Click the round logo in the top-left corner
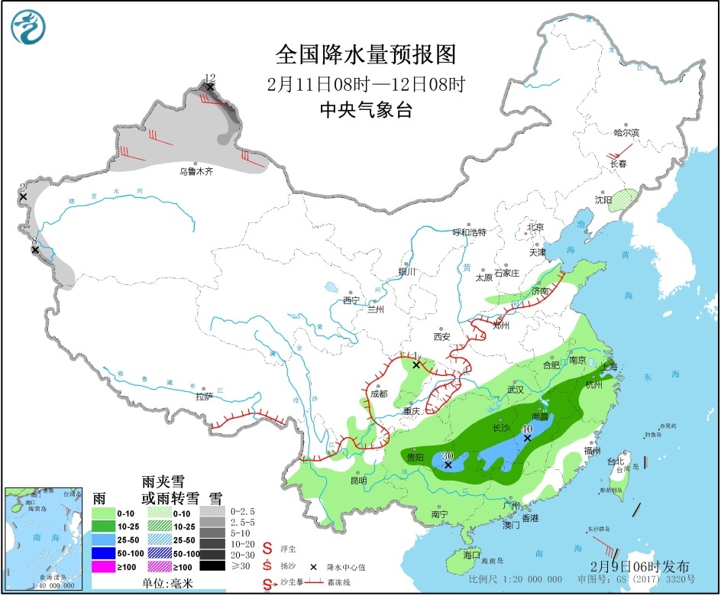coord(28,27)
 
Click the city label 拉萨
coord(203,397)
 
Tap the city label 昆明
coord(357,481)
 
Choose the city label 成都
coord(378,394)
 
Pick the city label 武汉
coord(515,390)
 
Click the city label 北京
coord(534,227)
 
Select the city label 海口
coord(472,555)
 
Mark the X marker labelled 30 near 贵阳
coord(448,465)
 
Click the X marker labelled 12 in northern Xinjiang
coord(210,87)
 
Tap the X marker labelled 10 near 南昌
coord(527,438)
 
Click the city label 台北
coord(615,462)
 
